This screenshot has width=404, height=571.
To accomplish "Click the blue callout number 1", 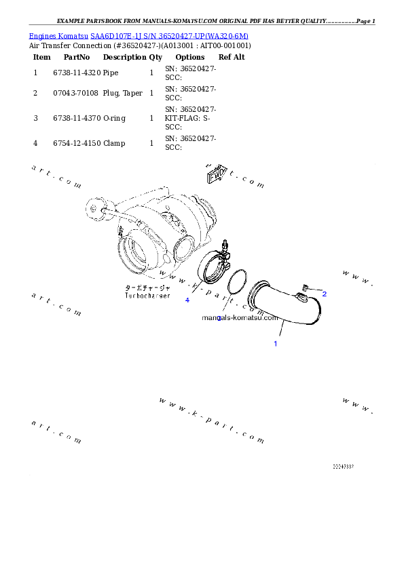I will pos(275,344).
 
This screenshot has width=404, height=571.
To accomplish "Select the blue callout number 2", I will pos(324,294).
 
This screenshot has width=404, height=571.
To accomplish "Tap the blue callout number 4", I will pos(187,300).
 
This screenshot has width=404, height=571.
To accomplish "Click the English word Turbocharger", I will pos(147,296).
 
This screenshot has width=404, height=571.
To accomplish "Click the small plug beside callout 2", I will pos(306,288).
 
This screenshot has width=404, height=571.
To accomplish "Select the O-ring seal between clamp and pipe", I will pos(236,281).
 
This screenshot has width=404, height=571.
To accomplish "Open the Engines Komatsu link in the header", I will pos(59,35).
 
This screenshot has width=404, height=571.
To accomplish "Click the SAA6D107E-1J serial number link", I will pos(170,35).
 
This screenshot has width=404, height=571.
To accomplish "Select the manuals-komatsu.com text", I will pos(240,317).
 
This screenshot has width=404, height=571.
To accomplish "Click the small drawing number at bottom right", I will pos(344,467).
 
